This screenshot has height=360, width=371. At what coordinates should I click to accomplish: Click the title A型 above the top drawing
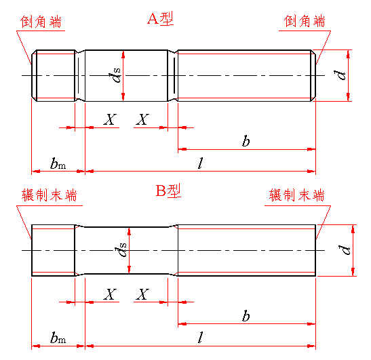[161, 18]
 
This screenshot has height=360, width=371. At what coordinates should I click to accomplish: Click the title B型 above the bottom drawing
[168, 191]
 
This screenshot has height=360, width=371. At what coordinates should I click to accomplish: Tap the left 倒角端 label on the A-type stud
[41, 22]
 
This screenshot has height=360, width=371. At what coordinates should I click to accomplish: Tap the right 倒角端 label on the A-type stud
[305, 21]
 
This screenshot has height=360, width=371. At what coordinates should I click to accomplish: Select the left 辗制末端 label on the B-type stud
[50, 195]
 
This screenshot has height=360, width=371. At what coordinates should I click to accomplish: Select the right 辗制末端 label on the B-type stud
[296, 195]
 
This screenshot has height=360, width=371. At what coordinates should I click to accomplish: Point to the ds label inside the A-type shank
[115, 75]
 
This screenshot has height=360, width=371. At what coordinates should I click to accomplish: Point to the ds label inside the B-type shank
[121, 249]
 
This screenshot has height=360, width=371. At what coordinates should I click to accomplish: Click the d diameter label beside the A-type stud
[340, 75]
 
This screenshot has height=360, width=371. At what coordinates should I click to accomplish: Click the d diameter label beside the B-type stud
[345, 249]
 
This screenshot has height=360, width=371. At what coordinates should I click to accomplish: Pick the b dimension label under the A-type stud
[246, 141]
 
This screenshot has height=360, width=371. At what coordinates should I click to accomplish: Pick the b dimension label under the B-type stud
[246, 315]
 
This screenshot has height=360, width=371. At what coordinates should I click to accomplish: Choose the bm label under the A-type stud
[58, 163]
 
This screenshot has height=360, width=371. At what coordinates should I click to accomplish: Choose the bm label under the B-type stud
[58, 338]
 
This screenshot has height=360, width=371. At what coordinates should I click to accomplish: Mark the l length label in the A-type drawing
[200, 163]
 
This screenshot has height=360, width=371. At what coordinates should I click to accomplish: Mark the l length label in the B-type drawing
[200, 338]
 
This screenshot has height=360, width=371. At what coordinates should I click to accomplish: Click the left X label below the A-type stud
[110, 119]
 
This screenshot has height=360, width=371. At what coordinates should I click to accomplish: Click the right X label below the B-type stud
[142, 294]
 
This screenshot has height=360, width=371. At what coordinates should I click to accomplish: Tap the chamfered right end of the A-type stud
[313, 76]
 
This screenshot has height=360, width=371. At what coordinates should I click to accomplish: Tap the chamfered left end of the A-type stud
[35, 76]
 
